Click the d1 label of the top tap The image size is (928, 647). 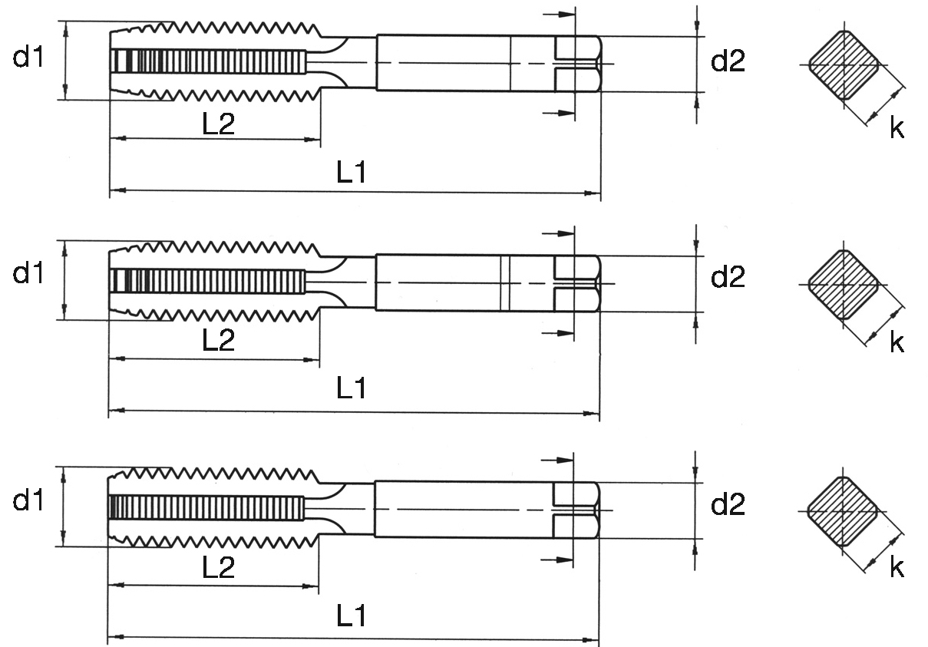click(28, 57)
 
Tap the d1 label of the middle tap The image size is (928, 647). click(28, 273)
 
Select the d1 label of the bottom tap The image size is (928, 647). click(28, 500)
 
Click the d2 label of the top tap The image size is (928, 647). click(728, 61)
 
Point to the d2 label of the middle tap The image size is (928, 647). click(728, 276)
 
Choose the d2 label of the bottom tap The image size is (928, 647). click(728, 504)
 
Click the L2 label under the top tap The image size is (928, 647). click(218, 124)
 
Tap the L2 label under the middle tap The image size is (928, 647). click(218, 340)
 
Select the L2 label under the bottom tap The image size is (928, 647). click(218, 567)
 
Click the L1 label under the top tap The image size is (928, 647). click(352, 173)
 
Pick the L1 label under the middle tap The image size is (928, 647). click(352, 388)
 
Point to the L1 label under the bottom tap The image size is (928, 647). click(352, 616)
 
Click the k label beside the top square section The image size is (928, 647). click(897, 127)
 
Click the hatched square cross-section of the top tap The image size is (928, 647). click(844, 65)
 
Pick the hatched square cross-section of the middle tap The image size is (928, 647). click(844, 285)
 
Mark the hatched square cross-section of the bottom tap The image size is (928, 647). click(843, 511)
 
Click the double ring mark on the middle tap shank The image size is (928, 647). click(505, 283)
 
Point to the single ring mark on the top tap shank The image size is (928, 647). click(510, 64)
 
